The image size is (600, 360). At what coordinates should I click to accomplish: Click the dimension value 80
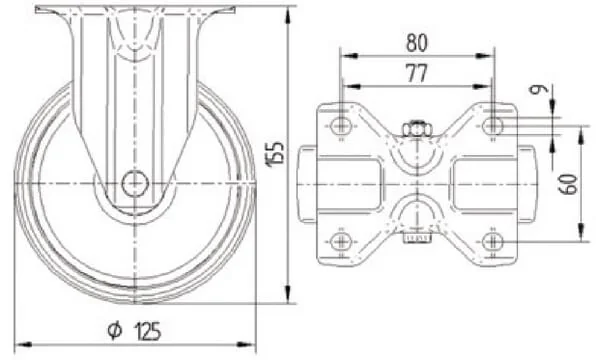pos(416,42)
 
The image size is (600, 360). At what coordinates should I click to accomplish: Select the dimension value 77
pos(417,73)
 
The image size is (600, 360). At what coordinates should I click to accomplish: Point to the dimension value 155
pos(276,153)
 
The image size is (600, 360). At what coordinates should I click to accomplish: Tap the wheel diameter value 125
pos(147,331)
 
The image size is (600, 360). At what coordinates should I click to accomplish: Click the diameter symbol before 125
pos(115,331)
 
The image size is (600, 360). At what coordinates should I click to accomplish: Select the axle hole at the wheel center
pos(135,184)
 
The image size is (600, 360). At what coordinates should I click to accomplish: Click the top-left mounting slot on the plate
pos(340,125)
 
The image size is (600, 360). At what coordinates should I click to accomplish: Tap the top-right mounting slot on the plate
pos(493,125)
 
